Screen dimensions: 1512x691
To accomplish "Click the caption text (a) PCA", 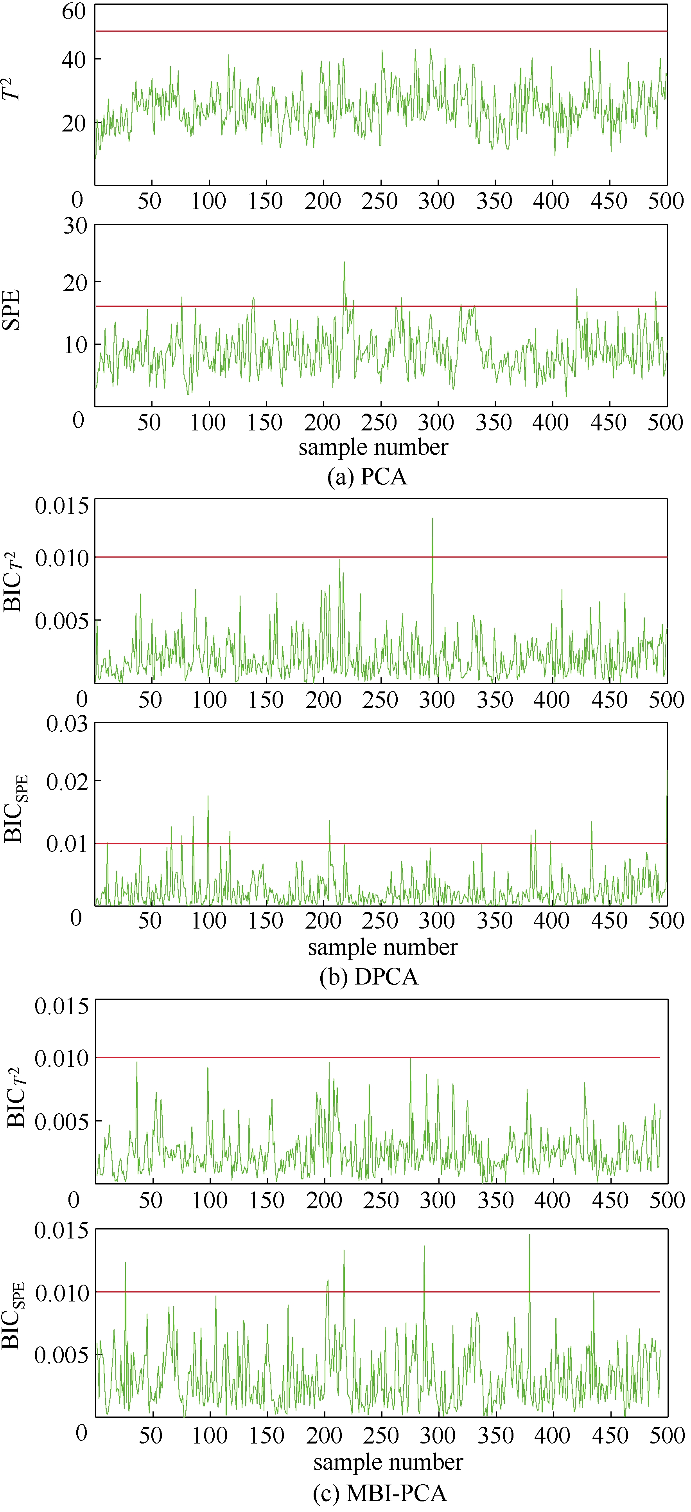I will coord(367,476).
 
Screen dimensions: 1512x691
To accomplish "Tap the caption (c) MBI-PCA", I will coord(379,1492).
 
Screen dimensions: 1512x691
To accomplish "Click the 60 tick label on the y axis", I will coord(74,11).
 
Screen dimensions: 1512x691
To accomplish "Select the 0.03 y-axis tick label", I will coord(67,724).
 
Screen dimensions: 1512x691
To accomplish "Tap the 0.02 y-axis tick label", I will coord(67,781).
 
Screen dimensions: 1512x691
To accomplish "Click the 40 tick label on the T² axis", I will coord(74,59).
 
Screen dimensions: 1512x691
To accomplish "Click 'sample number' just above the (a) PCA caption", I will coord(373,447).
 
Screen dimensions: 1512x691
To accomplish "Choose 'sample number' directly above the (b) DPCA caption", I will coord(382,947).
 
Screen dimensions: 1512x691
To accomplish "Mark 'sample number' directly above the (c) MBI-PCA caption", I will coord(388,1462).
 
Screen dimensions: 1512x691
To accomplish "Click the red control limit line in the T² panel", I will coord(381,31).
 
